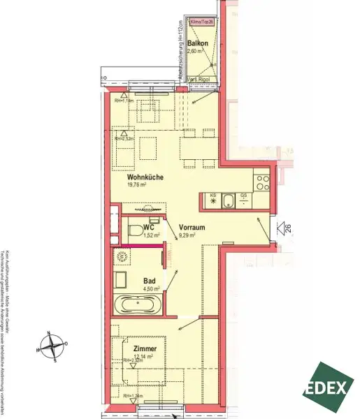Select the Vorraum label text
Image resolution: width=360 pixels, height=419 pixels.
coord(192,228)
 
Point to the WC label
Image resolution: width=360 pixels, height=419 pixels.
coord(148,228)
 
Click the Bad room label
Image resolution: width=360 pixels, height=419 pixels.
coord(148,277)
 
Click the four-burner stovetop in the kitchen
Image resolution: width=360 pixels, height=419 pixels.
coord(262,184)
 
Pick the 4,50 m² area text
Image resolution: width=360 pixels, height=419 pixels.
coord(152,286)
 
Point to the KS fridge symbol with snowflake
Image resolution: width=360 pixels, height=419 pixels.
coord(213,201)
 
